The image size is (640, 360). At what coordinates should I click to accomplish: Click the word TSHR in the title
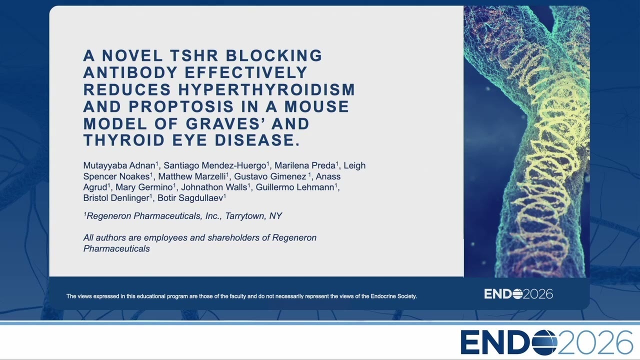point(194,55)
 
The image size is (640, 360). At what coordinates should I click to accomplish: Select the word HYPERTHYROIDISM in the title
point(266,89)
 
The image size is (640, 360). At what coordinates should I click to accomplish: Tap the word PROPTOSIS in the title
point(181,106)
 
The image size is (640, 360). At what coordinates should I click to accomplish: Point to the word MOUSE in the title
point(316,106)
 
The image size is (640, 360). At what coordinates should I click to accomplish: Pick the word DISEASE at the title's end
point(257,140)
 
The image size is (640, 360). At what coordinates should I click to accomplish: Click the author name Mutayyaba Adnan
point(119,165)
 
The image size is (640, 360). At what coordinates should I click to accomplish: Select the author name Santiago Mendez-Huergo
point(215,165)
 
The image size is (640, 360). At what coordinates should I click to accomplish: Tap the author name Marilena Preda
point(305,165)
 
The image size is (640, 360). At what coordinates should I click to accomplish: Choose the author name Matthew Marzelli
point(191,176)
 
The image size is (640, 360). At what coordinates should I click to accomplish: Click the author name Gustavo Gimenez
point(270,176)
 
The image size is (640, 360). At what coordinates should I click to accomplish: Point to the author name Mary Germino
point(144,187)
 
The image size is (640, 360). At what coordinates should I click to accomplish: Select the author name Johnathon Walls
point(214,187)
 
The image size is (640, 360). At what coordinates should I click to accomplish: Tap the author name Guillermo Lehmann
point(295,187)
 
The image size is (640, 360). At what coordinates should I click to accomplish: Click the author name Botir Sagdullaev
point(190,198)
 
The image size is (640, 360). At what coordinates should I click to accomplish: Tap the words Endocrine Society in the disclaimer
point(393,296)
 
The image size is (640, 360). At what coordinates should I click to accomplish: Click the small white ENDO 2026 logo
point(518,294)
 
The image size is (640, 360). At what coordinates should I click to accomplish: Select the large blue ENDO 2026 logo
point(546,342)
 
